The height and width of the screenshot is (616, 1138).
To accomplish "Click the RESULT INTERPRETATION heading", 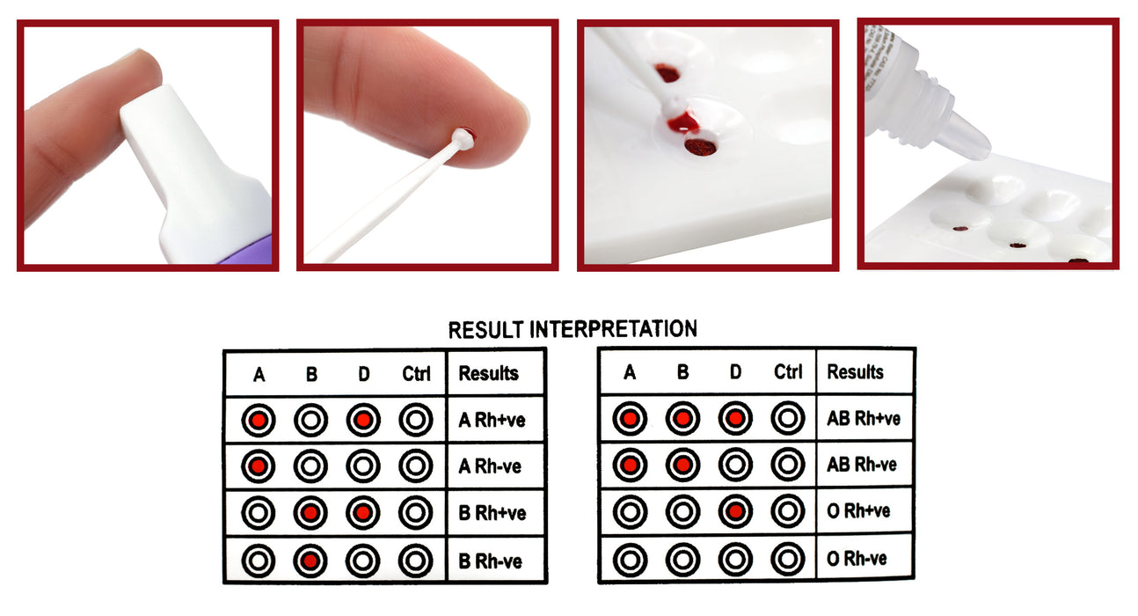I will (572, 330).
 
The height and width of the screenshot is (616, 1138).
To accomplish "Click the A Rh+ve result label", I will (492, 421).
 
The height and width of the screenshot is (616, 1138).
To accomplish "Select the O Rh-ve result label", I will (857, 559).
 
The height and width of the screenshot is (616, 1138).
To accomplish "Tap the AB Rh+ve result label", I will (864, 418).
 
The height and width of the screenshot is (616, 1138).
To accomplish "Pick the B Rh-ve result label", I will (490, 561).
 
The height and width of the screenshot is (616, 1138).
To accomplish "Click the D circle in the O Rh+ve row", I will (735, 510).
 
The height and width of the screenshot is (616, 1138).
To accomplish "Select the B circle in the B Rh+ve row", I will (310, 513).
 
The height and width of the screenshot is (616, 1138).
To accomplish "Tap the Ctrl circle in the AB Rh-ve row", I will (788, 465).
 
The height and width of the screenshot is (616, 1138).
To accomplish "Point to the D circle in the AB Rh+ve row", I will (735, 418).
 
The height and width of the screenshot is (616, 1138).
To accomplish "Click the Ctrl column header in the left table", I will (416, 374).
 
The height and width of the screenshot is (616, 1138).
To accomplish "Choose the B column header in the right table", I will (682, 372).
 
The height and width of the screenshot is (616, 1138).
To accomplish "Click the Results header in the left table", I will (488, 373).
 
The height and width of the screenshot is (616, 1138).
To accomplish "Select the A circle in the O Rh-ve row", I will (630, 559).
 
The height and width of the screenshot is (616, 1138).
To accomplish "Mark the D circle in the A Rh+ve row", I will (363, 421).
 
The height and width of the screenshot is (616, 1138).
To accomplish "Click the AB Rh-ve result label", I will (863, 465).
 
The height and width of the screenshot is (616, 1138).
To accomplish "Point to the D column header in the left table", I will (363, 374).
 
